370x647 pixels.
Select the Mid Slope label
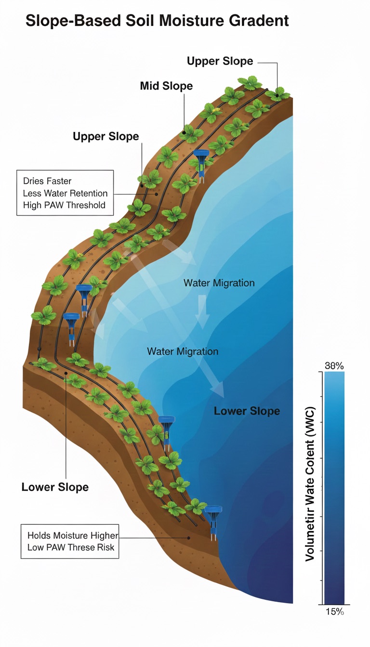click(166, 86)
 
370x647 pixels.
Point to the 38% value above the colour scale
click(334, 366)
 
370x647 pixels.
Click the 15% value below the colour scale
click(334, 612)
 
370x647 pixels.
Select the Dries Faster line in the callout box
click(47, 181)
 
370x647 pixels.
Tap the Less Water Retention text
click(65, 194)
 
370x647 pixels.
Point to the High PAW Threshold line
click(64, 206)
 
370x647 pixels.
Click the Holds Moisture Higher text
click(72, 535)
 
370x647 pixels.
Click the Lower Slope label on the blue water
click(247, 411)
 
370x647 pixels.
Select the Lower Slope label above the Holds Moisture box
click(55, 487)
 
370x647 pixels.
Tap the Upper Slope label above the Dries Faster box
click(106, 136)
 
